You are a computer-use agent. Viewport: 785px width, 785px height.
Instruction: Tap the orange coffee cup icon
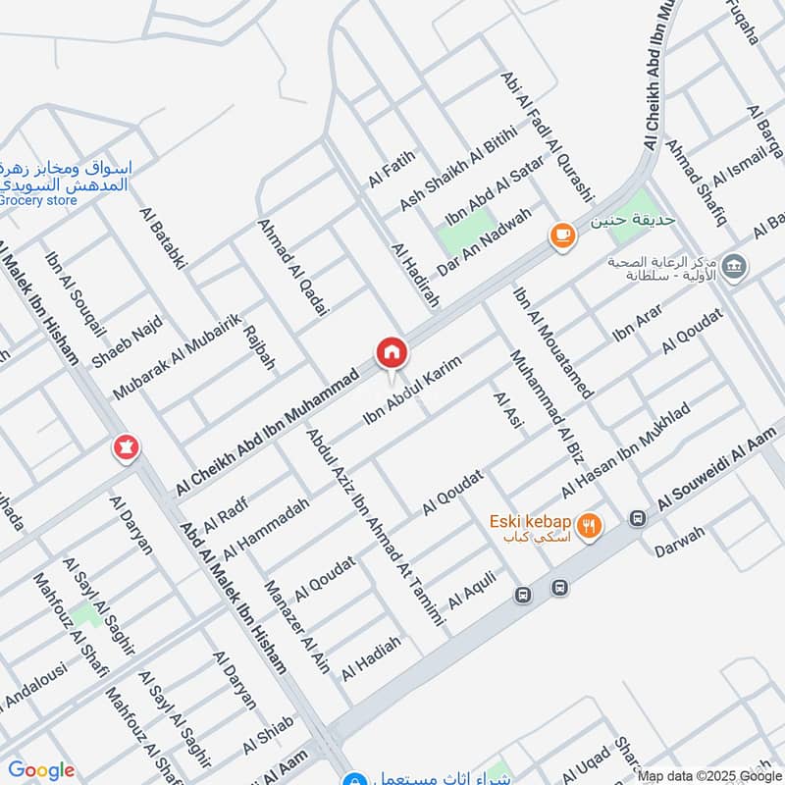pyautogui.click(x=560, y=235)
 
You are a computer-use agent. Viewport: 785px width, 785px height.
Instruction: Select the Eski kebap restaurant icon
pyautogui.click(x=589, y=526)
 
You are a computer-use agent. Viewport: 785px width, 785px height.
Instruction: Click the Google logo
pyautogui.click(x=40, y=770)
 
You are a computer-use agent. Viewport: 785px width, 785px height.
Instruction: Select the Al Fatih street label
pyautogui.click(x=392, y=168)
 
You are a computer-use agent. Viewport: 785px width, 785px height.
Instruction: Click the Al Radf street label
pyautogui.click(x=226, y=512)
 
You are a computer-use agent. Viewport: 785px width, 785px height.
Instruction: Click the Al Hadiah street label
pyautogui.click(x=372, y=659)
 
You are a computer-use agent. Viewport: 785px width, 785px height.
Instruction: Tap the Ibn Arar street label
pyautogui.click(x=638, y=323)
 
